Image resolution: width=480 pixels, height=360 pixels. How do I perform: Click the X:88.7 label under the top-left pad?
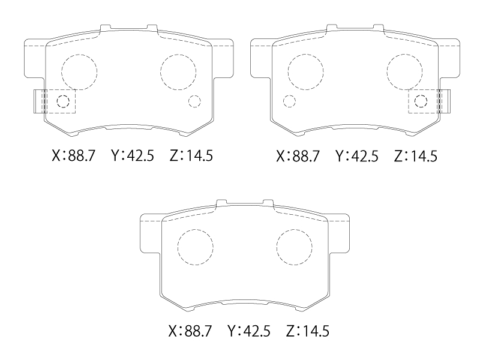[74, 155]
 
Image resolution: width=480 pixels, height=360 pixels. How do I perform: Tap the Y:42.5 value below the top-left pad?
[132, 155]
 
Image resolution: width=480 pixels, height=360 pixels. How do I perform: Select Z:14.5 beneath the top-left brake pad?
[191, 155]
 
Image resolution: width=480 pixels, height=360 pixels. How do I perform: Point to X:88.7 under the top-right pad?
[298, 156]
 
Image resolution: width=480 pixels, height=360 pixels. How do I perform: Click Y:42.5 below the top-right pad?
[356, 156]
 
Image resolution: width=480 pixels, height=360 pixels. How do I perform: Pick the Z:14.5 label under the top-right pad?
[415, 156]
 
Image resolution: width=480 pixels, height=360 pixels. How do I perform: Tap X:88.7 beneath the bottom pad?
[190, 331]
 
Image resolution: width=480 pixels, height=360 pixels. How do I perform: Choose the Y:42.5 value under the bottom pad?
[249, 331]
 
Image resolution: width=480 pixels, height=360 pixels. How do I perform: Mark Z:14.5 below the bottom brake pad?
[308, 331]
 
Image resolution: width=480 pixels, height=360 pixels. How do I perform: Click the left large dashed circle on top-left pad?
[62, 72]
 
